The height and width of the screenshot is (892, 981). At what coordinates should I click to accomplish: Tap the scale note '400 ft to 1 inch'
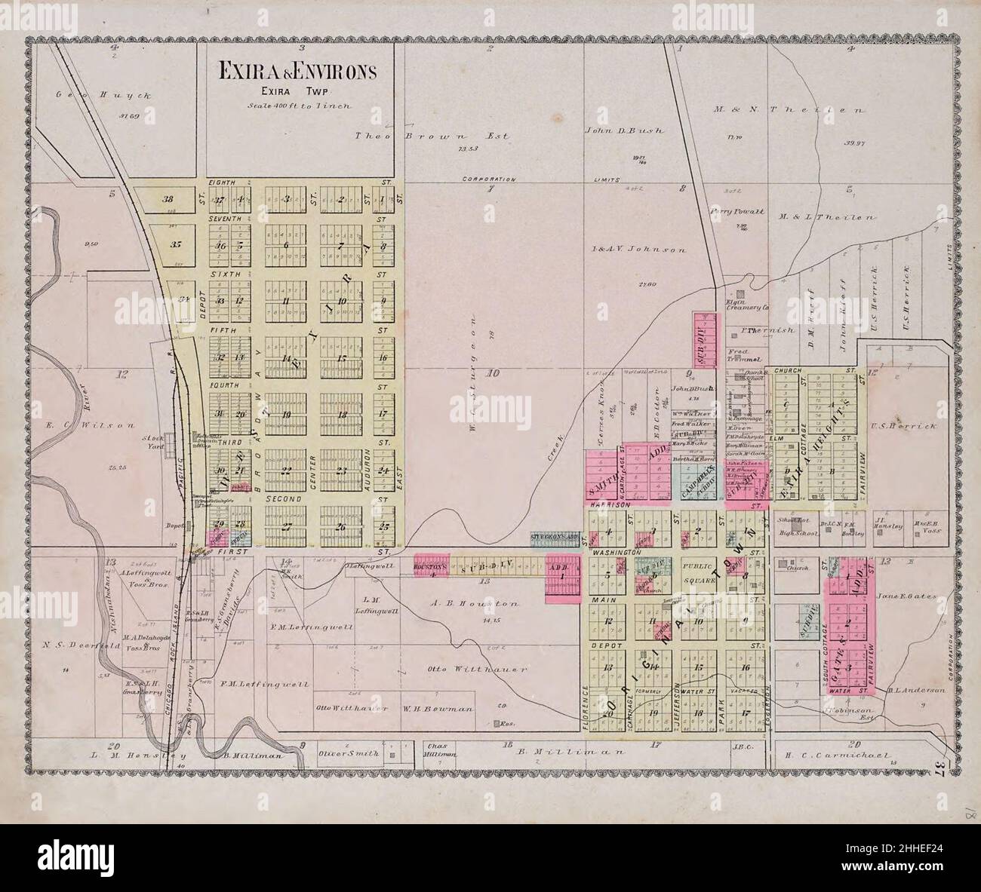(300, 106)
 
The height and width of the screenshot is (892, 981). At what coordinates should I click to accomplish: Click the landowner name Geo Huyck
(105, 96)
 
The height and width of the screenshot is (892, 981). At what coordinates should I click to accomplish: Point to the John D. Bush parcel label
(623, 130)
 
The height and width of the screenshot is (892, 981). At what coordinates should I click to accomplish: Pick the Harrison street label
(606, 504)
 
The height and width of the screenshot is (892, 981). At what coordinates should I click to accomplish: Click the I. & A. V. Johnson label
(638, 249)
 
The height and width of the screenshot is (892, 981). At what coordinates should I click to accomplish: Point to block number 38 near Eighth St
(168, 200)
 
